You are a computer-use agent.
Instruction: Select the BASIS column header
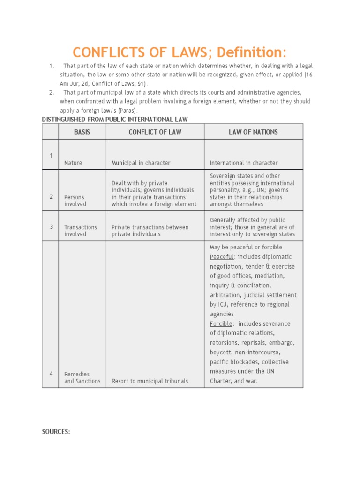click(x=82, y=132)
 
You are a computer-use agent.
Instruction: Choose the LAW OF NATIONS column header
click(x=253, y=132)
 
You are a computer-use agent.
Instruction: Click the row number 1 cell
click(x=51, y=156)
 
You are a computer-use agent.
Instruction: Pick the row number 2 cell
click(x=51, y=197)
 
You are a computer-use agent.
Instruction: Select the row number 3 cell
click(x=51, y=227)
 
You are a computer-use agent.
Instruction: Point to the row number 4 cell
click(x=51, y=374)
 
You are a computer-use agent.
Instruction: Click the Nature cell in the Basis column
click(x=73, y=163)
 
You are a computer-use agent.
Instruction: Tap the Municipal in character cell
click(x=141, y=163)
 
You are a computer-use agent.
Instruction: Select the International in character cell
click(x=244, y=163)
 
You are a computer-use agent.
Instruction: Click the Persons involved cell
click(x=75, y=201)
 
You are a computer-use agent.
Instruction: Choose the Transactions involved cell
click(x=81, y=231)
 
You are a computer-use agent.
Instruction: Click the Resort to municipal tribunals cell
click(x=150, y=381)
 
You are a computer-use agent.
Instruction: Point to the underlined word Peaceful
click(x=221, y=257)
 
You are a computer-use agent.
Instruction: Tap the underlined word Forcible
click(x=221, y=324)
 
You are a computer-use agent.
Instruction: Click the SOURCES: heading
click(x=56, y=432)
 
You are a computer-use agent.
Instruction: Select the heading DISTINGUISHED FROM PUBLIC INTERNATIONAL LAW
click(x=114, y=120)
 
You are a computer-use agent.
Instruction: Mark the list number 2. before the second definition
click(x=52, y=92)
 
